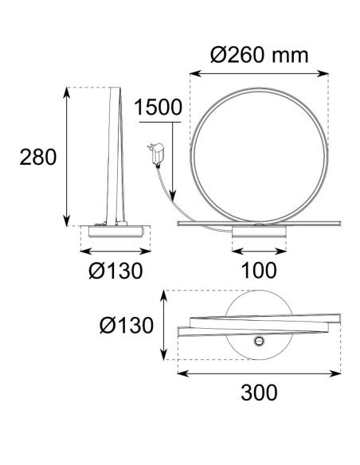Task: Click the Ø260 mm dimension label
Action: coord(260,55)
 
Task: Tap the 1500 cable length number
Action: coord(159,107)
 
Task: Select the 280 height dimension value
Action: coord(38,157)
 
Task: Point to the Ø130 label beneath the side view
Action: coord(115,271)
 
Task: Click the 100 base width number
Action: coord(259,271)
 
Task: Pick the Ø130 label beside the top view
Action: coord(126,326)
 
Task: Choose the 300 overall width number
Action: coord(258,393)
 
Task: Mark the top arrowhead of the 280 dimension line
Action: coord(66,90)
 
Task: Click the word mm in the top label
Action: coord(291,55)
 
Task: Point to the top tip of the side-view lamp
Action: coord(115,88)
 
